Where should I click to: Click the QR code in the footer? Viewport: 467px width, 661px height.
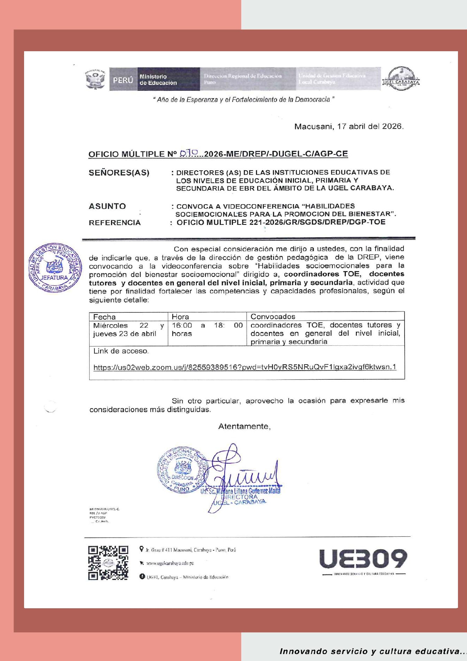coord(108,563)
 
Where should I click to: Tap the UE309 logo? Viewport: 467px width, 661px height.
coord(363,559)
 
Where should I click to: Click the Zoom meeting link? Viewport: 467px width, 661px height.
coord(245,367)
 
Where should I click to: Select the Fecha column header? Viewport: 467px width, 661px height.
coord(105,317)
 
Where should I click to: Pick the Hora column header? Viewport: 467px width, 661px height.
coord(181,317)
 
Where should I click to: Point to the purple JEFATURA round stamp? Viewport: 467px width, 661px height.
coord(55,268)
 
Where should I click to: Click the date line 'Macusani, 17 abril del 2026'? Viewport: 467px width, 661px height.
coord(349,127)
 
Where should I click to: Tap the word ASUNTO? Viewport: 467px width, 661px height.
coord(107,206)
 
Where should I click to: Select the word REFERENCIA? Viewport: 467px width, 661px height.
coord(115,223)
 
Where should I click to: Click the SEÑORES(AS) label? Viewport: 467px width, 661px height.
coord(119,173)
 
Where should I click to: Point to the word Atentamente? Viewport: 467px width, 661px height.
coord(244,426)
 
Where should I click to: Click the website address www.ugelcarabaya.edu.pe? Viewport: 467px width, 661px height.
coord(170,563)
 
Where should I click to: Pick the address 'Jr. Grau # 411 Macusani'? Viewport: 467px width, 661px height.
coord(190,550)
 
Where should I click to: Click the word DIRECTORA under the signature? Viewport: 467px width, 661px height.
coord(239,497)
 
